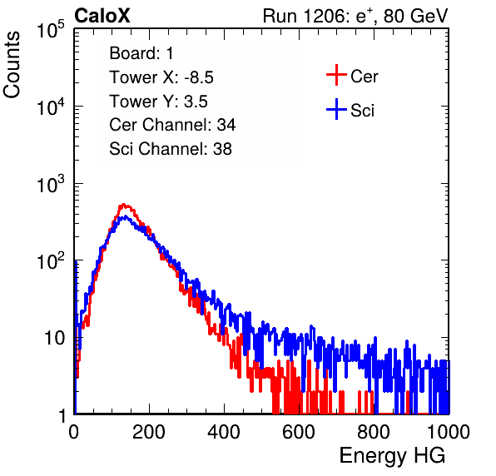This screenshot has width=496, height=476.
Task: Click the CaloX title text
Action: click(x=102, y=16)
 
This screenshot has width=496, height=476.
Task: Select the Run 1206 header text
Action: click(x=355, y=16)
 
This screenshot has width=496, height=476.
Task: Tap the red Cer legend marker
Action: click(x=336, y=75)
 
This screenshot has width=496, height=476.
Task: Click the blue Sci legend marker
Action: click(x=336, y=109)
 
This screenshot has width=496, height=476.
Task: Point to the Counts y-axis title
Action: click(x=12, y=65)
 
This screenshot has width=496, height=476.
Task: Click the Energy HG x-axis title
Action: click(x=392, y=456)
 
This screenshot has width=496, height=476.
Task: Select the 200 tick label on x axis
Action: click(x=149, y=432)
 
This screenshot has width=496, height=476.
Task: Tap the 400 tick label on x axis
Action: click(x=224, y=432)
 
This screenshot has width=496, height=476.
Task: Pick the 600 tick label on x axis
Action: click(x=299, y=432)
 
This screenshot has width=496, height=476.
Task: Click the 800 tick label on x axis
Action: click(x=374, y=432)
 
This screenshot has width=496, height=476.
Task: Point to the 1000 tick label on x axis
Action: click(x=449, y=432)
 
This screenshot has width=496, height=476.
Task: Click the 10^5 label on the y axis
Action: click(x=51, y=30)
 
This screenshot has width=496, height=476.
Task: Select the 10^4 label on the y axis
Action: click(x=51, y=107)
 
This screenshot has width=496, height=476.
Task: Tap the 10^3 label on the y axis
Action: click(x=51, y=184)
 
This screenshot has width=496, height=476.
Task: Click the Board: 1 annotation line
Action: click(x=141, y=53)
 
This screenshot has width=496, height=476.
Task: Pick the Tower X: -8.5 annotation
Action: click(x=161, y=77)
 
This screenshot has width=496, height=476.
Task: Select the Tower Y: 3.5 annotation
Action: click(x=158, y=102)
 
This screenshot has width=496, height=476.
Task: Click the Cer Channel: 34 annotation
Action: click(x=172, y=125)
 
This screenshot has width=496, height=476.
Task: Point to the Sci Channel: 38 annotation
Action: click(x=171, y=149)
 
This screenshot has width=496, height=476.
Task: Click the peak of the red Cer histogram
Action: click(x=124, y=205)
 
